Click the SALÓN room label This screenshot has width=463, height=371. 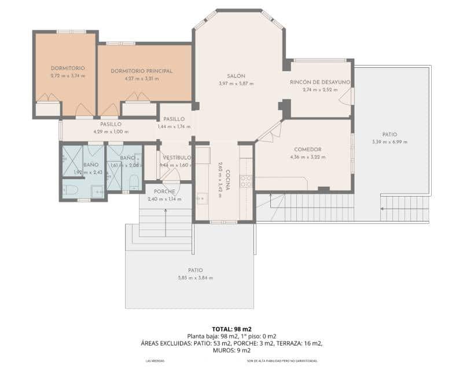pyautogui.click(x=236, y=77)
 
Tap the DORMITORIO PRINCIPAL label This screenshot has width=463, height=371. pyautogui.click(x=141, y=71)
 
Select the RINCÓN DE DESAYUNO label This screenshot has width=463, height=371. pyautogui.click(x=320, y=82)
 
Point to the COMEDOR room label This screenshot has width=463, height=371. pyautogui.click(x=307, y=150)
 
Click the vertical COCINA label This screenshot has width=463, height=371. pyautogui.click(x=228, y=176)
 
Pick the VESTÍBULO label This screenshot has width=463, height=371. pyautogui.click(x=177, y=158)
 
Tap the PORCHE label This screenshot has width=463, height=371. pyautogui.click(x=164, y=192)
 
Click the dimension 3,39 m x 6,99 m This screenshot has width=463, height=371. pyautogui.click(x=389, y=142)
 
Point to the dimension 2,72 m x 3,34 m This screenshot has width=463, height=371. pyautogui.click(x=68, y=75)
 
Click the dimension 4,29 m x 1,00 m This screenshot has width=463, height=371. pyautogui.click(x=110, y=132)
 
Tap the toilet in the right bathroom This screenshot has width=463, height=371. pyautogui.click(x=134, y=183)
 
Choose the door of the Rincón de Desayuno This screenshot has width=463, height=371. pyautogui.click(x=348, y=96)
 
